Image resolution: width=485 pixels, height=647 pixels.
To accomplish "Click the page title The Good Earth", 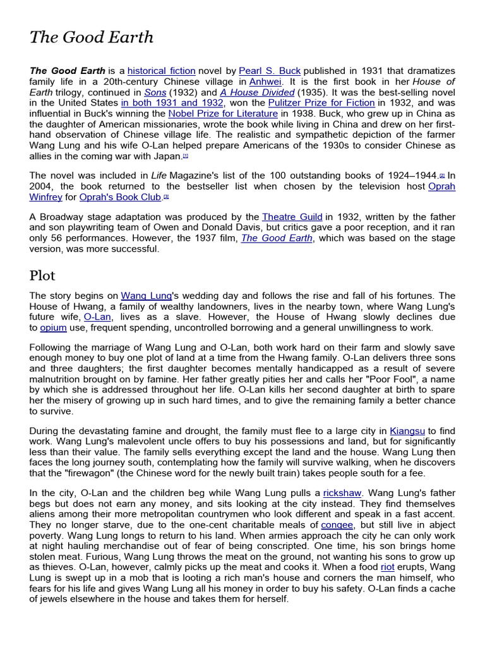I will point(92,37).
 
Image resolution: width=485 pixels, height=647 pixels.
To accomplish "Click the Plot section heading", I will point(42,275).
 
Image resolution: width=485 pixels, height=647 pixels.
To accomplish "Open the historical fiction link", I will point(162,71).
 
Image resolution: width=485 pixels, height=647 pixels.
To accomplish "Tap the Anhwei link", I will point(266,82).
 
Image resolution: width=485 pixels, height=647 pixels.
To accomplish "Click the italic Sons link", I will point(155,92).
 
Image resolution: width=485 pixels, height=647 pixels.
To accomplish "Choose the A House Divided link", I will point(257,92).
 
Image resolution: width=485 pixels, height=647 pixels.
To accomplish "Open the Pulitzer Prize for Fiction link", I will point(321,103).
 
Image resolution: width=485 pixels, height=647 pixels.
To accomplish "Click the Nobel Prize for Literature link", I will point(223,114).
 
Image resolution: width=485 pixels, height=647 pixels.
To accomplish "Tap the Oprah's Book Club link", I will point(121,197).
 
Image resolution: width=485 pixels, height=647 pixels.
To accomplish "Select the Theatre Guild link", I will point(292,217).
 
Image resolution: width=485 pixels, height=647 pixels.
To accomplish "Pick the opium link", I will point(53,328).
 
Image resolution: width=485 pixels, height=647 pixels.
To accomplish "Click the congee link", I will point(337,524).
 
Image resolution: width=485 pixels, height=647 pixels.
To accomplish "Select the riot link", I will point(388,567).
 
